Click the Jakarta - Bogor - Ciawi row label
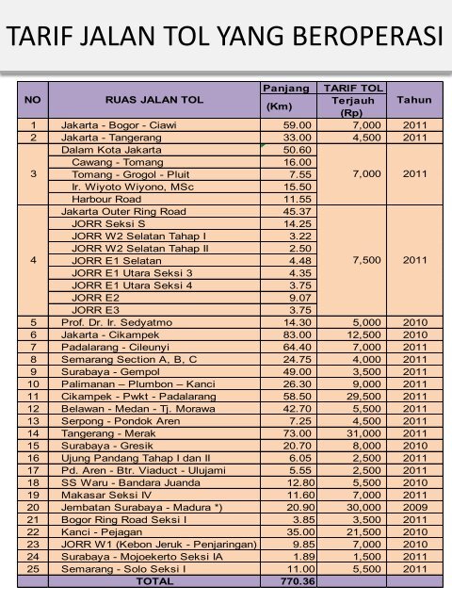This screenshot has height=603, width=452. pos(118,125)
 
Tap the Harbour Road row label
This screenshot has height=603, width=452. pos(103,200)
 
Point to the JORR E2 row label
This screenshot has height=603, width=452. pos(95,298)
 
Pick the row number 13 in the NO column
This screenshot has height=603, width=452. pos(33,420)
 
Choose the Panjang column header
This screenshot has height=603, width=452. pos(284,88)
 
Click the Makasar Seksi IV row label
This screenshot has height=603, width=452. pos(105,494)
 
